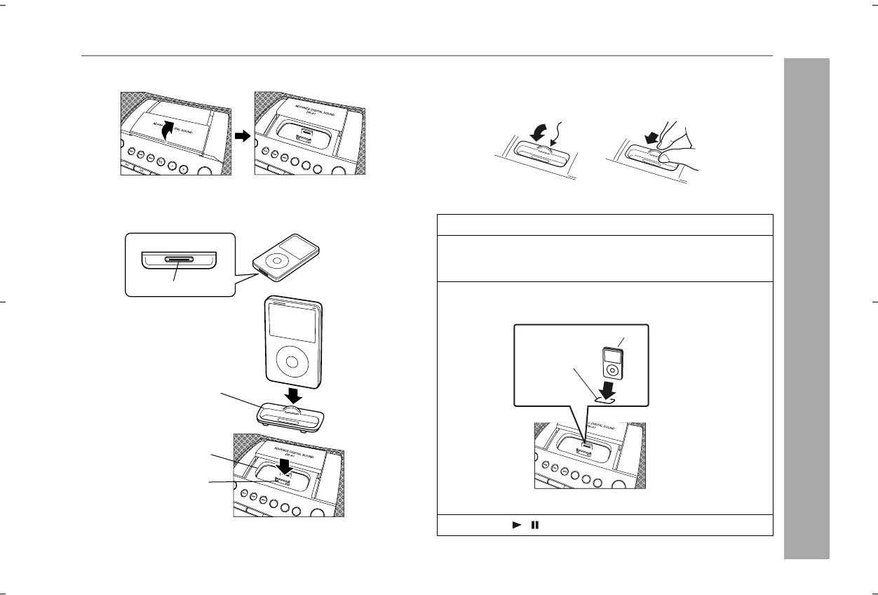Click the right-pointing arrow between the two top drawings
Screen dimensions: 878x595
coord(243,138)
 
